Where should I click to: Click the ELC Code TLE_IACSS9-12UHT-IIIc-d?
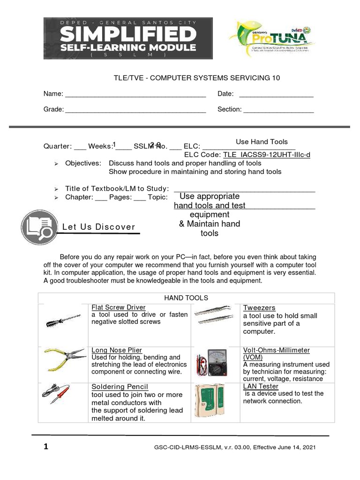(x=267, y=155)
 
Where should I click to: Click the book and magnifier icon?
(x=39, y=227)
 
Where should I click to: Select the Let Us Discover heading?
(x=98, y=227)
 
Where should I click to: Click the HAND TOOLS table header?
(x=186, y=298)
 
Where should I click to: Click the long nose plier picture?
(x=64, y=360)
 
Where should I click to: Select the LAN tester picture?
(x=210, y=400)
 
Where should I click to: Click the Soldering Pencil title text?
(x=120, y=387)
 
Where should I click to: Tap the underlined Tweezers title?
(x=259, y=308)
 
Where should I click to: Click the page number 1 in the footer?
(x=46, y=447)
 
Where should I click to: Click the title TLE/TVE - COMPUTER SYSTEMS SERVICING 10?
(x=197, y=78)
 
